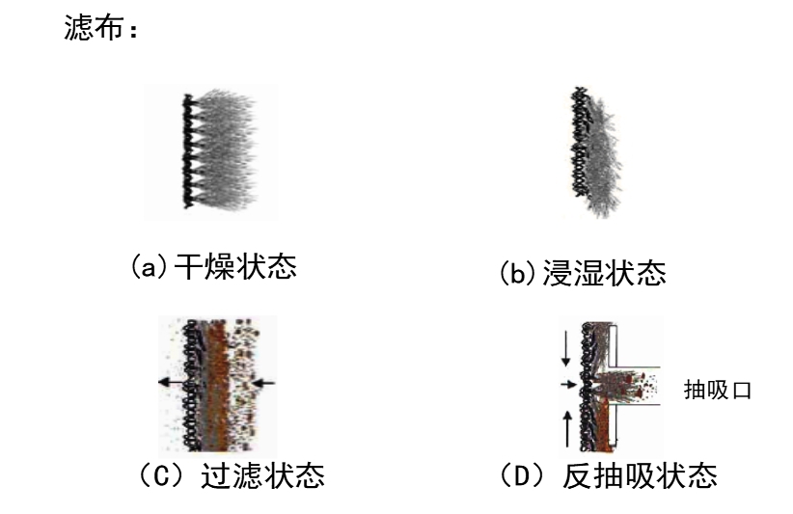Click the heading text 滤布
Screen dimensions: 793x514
(x=94, y=27)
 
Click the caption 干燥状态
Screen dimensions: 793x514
(x=235, y=266)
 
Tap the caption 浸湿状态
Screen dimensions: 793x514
(x=604, y=274)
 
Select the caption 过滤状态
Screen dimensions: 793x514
(x=263, y=475)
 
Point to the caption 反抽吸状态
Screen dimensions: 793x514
(x=640, y=475)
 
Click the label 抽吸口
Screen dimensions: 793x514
(x=718, y=391)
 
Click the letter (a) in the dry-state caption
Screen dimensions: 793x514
(x=149, y=266)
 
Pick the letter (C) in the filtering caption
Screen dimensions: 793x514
(x=161, y=475)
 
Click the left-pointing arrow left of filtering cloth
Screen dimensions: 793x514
(x=173, y=382)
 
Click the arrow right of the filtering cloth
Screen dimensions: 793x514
(x=263, y=383)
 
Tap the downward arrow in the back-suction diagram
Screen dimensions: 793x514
(x=566, y=348)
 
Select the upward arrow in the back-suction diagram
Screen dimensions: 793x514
(x=567, y=428)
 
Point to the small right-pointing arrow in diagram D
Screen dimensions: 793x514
(x=569, y=385)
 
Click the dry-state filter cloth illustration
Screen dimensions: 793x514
(x=219, y=150)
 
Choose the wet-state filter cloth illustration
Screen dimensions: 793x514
(x=596, y=151)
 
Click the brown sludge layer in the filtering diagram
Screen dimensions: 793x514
(x=218, y=386)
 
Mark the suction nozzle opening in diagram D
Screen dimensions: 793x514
(x=636, y=386)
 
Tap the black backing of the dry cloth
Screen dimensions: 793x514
(x=188, y=151)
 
